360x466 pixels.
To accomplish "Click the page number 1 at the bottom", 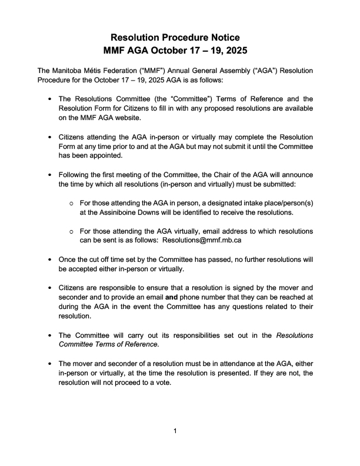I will click(x=175, y=432).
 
